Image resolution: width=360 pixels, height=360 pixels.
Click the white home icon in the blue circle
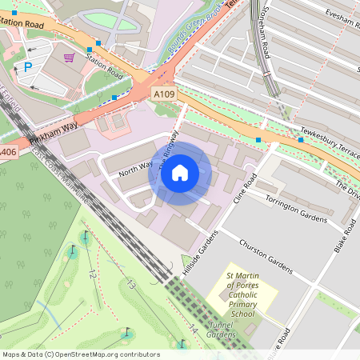point(180,172)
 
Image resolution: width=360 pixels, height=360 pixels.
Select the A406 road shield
point(7,151)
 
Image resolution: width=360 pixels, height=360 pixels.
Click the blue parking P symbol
point(28,68)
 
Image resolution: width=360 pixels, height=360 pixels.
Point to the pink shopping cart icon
point(69,57)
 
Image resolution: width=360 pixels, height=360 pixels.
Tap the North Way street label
point(134,166)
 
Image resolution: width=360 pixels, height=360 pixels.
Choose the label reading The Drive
point(347,189)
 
